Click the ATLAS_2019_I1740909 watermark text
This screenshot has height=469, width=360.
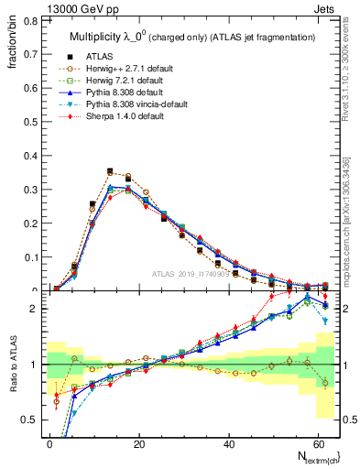pyautogui.click(x=197, y=274)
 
